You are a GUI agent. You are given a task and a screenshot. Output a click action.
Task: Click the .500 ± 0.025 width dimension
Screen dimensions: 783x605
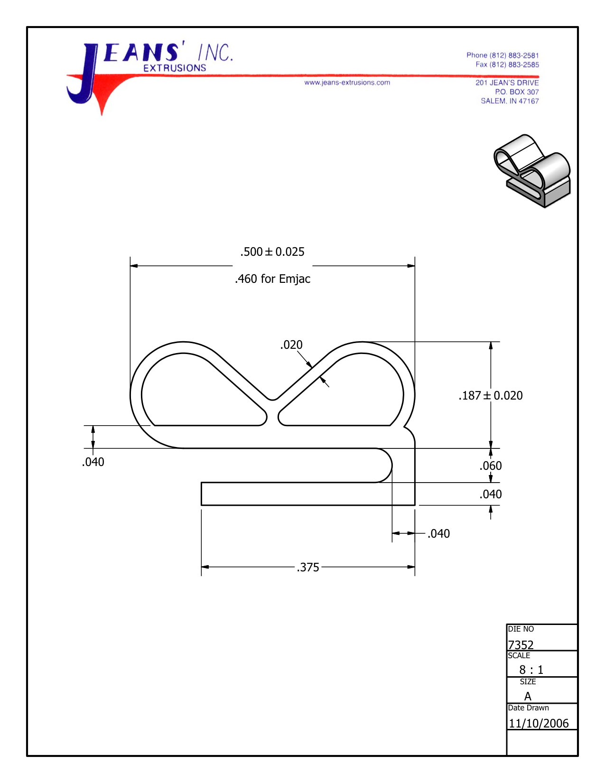(x=272, y=252)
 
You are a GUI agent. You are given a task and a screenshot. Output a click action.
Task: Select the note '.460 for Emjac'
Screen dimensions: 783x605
(x=272, y=279)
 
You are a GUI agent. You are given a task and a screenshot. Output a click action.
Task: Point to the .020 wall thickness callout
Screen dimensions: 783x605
(x=291, y=345)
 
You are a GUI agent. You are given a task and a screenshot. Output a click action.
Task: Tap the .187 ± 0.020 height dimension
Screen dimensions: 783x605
(x=491, y=396)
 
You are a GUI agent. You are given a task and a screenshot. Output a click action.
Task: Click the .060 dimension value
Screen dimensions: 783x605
(x=491, y=466)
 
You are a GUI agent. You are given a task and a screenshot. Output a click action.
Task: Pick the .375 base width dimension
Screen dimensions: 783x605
(x=308, y=568)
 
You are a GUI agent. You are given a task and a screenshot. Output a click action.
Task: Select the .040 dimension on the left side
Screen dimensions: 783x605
(x=93, y=462)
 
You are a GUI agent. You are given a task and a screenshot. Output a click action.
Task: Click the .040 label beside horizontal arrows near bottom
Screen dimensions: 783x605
(x=438, y=534)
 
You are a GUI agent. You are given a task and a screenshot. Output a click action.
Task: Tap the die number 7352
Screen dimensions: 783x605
(x=521, y=645)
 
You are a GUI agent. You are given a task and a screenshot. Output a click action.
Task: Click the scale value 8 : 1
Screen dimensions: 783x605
(x=531, y=670)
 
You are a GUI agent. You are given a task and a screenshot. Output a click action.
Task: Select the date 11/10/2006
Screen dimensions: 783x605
(x=539, y=724)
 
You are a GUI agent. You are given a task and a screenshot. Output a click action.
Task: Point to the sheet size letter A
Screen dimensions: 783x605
(x=528, y=697)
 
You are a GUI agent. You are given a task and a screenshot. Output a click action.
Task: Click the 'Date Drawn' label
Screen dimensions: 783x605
(x=528, y=708)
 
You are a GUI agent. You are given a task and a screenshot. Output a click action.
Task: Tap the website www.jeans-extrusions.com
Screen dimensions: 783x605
(x=347, y=83)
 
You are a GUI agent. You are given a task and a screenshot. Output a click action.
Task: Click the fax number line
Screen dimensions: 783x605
(x=507, y=65)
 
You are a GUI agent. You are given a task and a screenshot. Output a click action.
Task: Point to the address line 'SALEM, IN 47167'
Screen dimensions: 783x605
(x=510, y=101)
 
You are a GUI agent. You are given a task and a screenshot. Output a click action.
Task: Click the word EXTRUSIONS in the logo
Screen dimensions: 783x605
(x=175, y=68)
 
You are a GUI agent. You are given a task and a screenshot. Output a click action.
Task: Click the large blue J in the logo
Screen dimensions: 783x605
(x=85, y=76)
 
